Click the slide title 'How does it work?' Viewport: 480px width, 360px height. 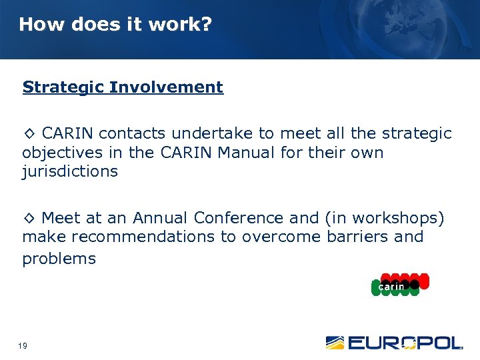tap(115, 25)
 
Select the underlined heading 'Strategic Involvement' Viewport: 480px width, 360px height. tap(123, 87)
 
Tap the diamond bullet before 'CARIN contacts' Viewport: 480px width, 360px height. tap(30, 134)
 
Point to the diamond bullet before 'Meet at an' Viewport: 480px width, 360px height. tap(30, 218)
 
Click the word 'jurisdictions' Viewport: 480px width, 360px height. tap(70, 171)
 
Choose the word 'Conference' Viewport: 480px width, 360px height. tap(239, 217)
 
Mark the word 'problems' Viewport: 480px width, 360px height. tap(59, 259)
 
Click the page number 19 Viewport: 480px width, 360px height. tap(23, 345)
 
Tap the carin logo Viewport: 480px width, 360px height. tap(399, 285)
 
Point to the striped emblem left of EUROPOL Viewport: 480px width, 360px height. tap(335, 343)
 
